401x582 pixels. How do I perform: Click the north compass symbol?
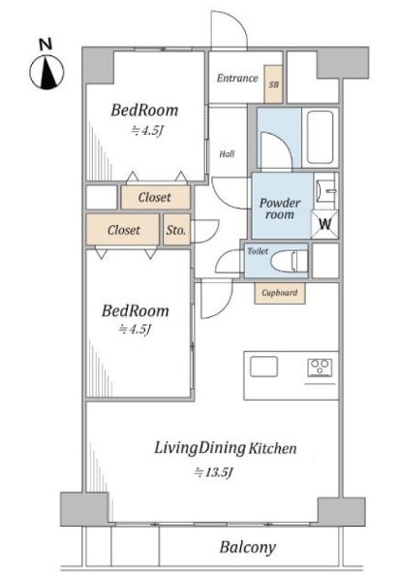(x=46, y=73)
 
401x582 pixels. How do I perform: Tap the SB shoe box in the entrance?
(x=273, y=84)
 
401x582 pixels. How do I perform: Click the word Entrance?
(x=237, y=78)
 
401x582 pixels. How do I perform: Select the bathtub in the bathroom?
(x=320, y=137)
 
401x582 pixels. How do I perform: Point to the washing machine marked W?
(x=324, y=224)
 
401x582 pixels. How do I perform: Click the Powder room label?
(x=280, y=209)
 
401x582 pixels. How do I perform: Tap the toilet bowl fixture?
(x=290, y=261)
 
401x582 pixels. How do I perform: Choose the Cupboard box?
(x=280, y=293)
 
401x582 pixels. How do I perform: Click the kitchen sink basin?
(x=263, y=367)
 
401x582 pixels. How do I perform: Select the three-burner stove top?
(x=320, y=368)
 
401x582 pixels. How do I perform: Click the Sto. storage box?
(x=176, y=230)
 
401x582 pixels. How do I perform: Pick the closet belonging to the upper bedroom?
(x=155, y=197)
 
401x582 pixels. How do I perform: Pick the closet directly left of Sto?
(x=123, y=230)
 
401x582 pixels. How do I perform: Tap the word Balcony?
(x=248, y=547)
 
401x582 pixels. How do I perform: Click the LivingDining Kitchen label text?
(x=226, y=448)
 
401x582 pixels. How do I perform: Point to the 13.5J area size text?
(x=214, y=472)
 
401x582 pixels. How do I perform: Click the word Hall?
(x=227, y=153)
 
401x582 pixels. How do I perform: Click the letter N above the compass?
(x=46, y=45)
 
